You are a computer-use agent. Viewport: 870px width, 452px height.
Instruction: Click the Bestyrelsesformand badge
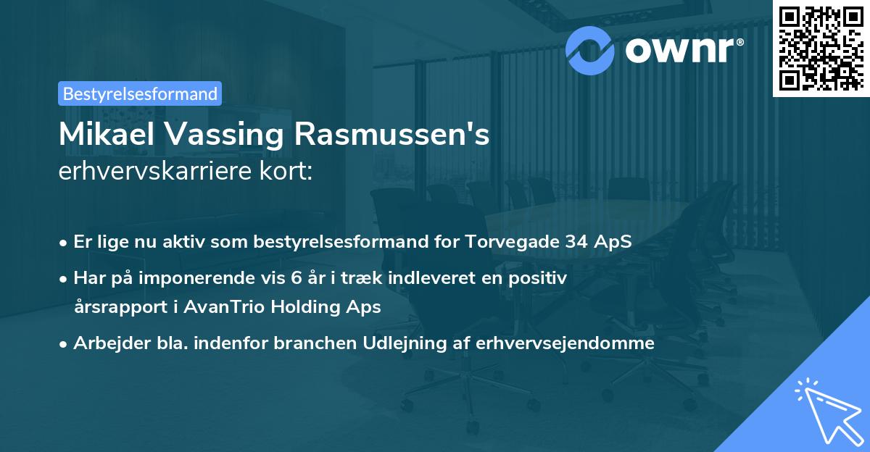[x=140, y=93]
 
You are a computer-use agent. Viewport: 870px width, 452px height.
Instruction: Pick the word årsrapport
[x=115, y=306]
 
